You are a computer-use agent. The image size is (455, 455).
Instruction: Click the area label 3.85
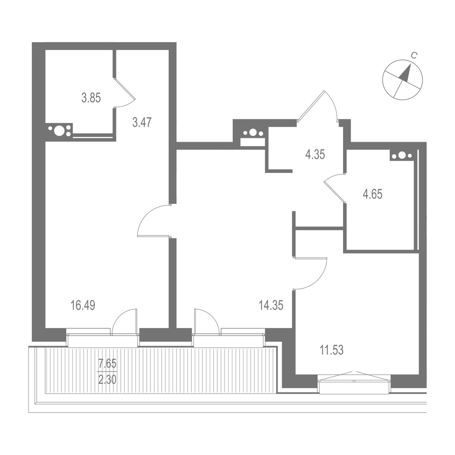(x=91, y=99)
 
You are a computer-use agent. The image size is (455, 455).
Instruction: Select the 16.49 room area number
(x=83, y=305)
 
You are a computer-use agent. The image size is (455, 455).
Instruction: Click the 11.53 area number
(x=331, y=350)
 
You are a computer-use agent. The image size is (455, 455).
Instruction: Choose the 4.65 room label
(x=372, y=195)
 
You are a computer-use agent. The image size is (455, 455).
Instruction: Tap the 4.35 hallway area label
(x=315, y=155)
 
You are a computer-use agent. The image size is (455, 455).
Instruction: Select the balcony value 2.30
(x=107, y=379)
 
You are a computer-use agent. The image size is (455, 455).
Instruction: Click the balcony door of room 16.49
(x=124, y=322)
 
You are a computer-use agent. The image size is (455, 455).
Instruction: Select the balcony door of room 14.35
(x=205, y=322)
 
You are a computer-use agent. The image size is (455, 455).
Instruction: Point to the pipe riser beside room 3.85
(x=60, y=131)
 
